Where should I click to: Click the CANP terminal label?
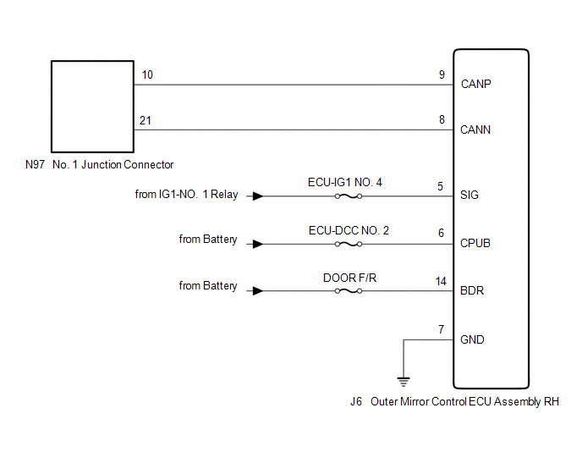476,85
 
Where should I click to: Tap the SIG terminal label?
469,195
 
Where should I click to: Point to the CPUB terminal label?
476,243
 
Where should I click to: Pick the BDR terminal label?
472,291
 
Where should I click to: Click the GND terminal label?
472,339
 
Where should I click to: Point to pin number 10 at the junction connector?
147,75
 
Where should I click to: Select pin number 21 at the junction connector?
145,121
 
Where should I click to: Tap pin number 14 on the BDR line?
440,280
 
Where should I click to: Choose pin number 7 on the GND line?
441,328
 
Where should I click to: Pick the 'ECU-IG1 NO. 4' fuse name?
346,182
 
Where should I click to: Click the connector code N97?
35,164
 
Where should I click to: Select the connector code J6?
355,401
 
